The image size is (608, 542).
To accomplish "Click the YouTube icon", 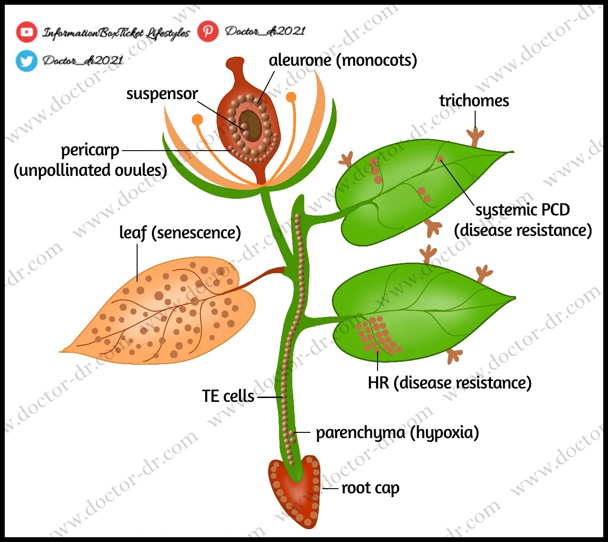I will tap(27, 32).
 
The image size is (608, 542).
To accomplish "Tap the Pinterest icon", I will tap(208, 31).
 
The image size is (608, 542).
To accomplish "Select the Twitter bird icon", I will tap(26, 61).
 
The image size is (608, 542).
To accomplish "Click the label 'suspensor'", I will tap(162, 94).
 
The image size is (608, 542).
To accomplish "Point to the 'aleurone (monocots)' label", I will tap(343, 61).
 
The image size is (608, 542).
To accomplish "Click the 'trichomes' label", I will tap(474, 101).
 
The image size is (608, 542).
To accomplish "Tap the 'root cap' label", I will tap(370, 488).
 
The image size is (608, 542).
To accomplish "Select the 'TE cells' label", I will tap(228, 396).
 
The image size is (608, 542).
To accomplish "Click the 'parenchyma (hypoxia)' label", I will tap(397, 432).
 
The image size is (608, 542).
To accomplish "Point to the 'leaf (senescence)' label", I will tap(180, 233).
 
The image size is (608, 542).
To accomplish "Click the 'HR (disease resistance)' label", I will tap(449, 382).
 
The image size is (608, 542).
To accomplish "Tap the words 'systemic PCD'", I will tap(522, 210).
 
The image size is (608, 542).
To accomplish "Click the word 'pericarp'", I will tap(90, 150).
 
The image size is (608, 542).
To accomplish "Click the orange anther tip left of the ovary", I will tap(197, 119).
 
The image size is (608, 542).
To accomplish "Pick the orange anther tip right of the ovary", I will tap(291, 97).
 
